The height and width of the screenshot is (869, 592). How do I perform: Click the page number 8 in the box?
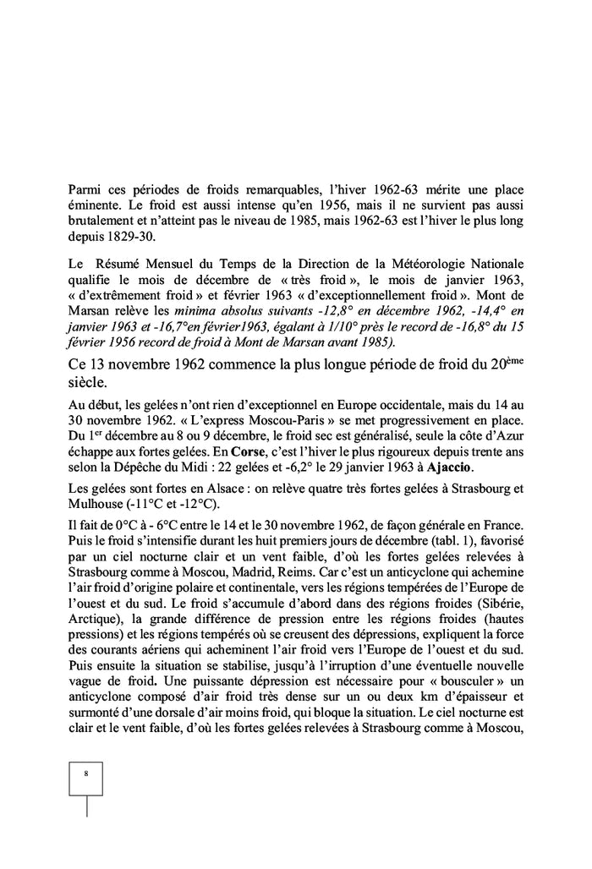85,773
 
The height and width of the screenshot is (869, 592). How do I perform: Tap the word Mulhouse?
93,505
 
